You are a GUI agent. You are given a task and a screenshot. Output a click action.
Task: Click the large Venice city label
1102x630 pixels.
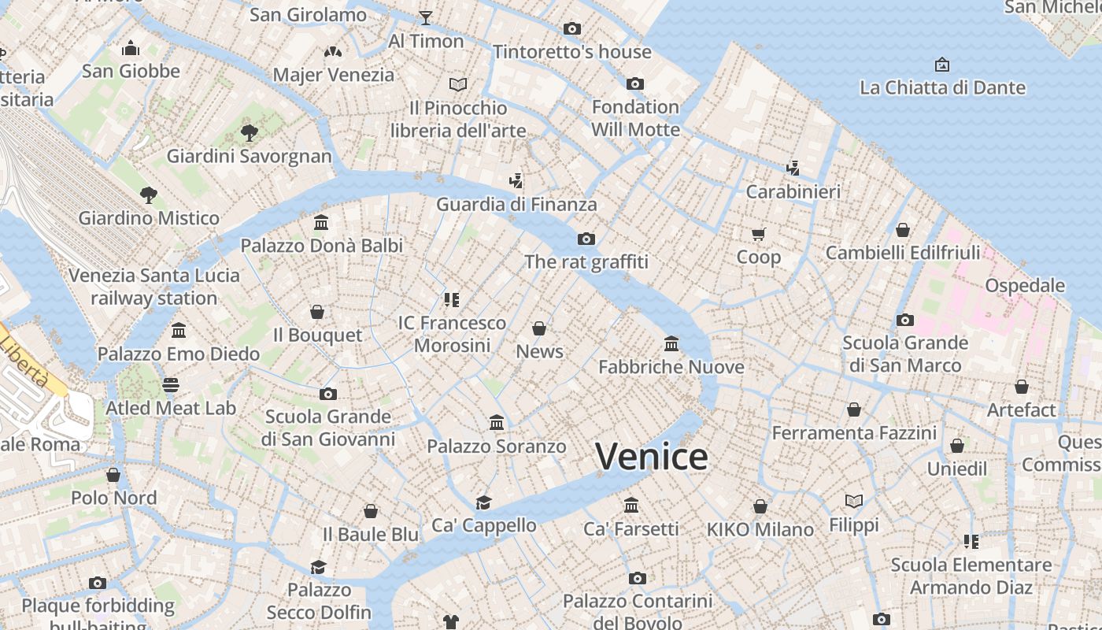(x=651, y=457)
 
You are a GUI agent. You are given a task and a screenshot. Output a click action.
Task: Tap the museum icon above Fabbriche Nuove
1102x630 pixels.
(x=671, y=343)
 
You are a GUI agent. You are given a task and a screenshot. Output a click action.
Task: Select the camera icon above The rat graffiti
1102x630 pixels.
(x=586, y=239)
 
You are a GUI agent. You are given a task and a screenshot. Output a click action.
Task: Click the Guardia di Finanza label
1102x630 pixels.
(x=516, y=205)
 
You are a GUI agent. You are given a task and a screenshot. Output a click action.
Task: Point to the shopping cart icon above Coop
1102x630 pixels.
(x=759, y=234)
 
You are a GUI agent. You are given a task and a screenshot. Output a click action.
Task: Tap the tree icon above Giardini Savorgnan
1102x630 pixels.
(x=250, y=132)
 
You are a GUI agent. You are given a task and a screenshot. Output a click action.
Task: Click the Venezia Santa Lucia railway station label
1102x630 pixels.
(x=154, y=287)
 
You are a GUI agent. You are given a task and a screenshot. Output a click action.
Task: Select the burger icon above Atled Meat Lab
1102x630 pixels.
(x=171, y=384)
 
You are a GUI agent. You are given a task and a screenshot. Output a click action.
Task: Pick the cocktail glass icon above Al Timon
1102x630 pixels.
(x=426, y=17)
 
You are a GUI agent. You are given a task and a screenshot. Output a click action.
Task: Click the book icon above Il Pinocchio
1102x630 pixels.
(x=458, y=83)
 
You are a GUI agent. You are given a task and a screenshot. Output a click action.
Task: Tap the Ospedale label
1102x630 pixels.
(x=1025, y=286)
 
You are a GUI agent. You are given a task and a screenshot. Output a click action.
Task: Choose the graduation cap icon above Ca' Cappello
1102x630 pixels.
(x=483, y=502)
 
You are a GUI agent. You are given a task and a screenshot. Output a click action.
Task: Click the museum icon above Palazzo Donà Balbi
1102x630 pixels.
(x=321, y=222)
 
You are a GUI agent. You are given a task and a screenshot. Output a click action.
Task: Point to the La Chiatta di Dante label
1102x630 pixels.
(x=942, y=87)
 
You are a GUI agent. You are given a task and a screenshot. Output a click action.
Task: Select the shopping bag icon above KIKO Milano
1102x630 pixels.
(x=760, y=506)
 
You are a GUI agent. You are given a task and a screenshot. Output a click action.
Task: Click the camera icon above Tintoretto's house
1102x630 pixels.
(x=572, y=29)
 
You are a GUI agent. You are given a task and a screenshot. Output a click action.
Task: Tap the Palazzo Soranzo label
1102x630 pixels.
(x=496, y=447)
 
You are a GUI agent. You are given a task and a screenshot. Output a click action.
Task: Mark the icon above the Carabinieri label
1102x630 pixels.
(x=793, y=168)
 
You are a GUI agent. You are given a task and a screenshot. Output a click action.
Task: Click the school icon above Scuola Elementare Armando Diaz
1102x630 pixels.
(x=971, y=542)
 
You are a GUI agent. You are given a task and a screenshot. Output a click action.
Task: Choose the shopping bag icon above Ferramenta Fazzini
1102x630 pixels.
(x=854, y=409)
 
